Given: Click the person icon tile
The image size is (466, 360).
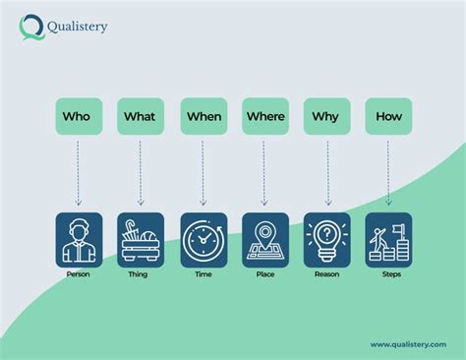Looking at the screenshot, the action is coord(79,240).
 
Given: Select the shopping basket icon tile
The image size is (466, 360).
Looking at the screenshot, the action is coord(141,240).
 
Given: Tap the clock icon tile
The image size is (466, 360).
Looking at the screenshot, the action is coord(204,240).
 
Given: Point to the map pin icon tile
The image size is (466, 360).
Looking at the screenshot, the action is coord(265,240).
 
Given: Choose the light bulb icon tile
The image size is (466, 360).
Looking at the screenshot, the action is coord(327,240).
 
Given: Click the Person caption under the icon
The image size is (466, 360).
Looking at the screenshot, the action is coord(78,274).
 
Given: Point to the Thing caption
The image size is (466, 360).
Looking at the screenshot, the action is coord(140,274).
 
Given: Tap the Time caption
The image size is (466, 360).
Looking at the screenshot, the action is coord(204,274).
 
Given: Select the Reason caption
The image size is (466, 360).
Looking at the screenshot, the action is coord(327,274).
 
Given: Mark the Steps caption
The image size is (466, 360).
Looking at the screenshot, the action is coord(390,274).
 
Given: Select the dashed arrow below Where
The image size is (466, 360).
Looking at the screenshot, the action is coord(264,173).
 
